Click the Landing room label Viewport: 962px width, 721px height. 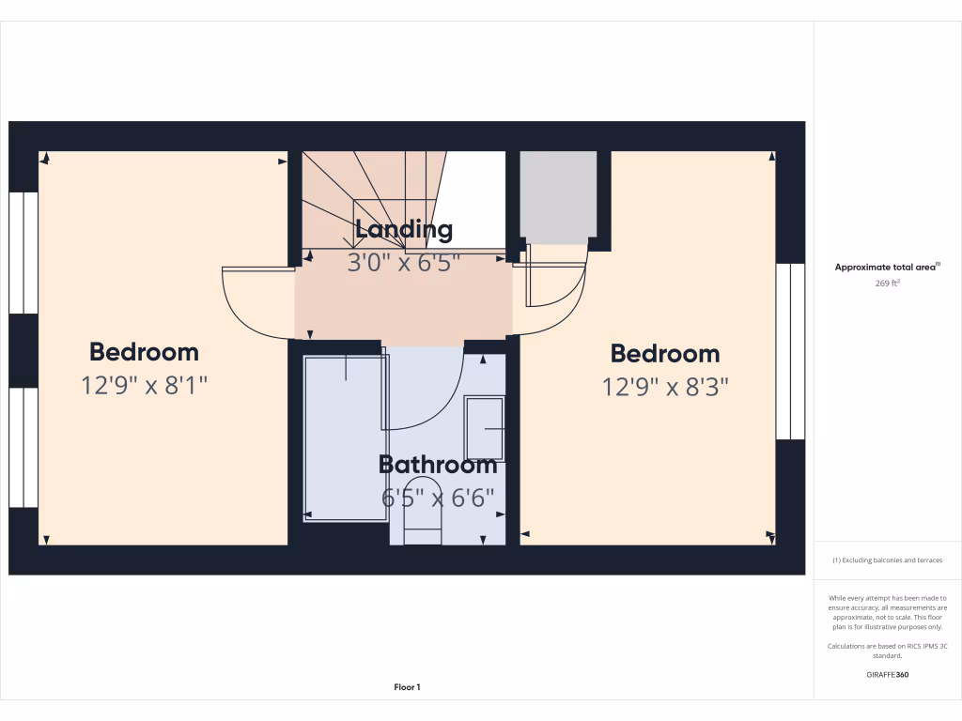click(x=404, y=230)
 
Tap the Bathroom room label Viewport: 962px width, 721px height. click(x=438, y=465)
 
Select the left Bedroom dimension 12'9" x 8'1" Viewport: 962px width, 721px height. click(x=144, y=384)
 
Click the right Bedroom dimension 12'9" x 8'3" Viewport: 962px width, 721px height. click(x=665, y=386)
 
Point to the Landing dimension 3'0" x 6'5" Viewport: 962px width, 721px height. click(x=403, y=263)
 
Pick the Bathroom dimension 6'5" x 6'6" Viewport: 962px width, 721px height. click(x=438, y=498)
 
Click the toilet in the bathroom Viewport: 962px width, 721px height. click(x=422, y=514)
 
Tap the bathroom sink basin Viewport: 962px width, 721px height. click(x=485, y=429)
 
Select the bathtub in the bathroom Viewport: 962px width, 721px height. click(x=344, y=437)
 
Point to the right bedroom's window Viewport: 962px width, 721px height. click(x=790, y=351)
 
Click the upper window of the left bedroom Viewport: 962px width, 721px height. click(x=23, y=253)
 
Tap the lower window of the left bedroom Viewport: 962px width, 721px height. click(x=23, y=448)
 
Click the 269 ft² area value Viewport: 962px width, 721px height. click(x=888, y=283)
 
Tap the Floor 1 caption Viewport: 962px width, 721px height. click(x=407, y=687)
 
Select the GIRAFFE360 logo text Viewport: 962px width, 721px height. click(x=888, y=674)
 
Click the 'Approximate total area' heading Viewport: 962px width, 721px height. click(x=886, y=268)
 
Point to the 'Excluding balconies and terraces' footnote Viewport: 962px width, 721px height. click(x=888, y=560)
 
